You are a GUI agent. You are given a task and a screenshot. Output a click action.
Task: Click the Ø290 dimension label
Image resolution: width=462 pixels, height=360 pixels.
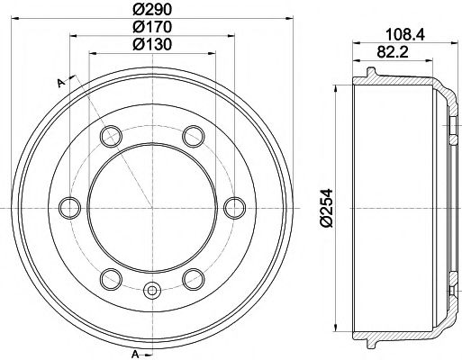(150, 9)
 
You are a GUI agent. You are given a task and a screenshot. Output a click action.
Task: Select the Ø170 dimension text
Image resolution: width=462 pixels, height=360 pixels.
(150, 27)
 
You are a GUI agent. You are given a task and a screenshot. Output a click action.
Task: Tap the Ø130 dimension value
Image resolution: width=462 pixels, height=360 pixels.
(150, 45)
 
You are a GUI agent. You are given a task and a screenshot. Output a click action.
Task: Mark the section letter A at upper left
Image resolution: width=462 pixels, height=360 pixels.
(60, 83)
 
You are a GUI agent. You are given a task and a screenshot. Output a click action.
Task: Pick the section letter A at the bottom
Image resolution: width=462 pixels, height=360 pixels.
(134, 351)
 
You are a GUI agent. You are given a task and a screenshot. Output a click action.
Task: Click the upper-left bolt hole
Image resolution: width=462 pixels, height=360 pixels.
(111, 137)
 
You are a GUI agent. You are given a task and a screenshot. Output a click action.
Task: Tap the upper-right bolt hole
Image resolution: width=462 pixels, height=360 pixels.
(191, 137)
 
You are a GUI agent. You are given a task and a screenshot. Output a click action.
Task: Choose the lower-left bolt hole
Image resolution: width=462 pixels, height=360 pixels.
(111, 277)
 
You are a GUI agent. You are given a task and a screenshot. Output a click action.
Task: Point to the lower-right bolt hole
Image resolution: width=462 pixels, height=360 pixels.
(191, 277)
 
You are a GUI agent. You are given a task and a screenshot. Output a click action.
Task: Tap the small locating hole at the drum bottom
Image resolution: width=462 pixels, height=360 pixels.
(150, 290)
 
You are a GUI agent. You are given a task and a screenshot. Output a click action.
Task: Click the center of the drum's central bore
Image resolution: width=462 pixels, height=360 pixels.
(150, 207)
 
